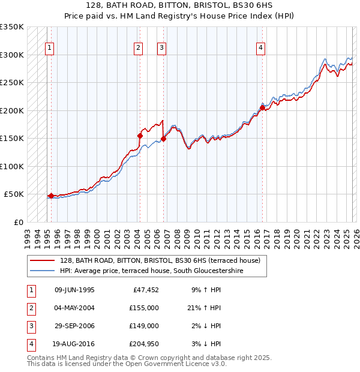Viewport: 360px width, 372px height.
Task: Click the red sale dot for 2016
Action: click(x=262, y=108)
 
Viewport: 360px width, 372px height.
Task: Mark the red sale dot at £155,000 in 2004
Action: click(x=140, y=136)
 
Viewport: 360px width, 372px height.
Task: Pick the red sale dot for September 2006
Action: click(x=164, y=139)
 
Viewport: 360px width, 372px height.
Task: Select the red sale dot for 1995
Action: click(x=51, y=196)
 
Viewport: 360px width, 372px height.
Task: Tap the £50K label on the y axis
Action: click(x=14, y=194)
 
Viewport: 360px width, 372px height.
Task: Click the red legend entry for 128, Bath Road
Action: click(x=160, y=260)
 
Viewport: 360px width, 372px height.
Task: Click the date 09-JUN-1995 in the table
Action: click(x=74, y=290)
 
